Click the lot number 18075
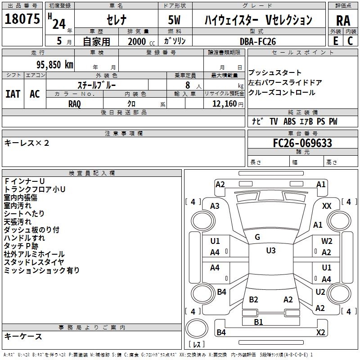click(23, 20)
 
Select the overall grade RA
click(343, 21)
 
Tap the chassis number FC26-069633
click(303, 143)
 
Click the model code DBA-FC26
click(258, 41)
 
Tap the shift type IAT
click(13, 94)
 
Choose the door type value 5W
click(175, 20)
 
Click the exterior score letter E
click(335, 41)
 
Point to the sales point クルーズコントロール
click(282, 93)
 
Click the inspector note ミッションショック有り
click(42, 270)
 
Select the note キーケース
click(23, 337)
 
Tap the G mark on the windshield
click(257, 237)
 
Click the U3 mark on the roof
click(270, 251)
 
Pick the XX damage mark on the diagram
click(327, 206)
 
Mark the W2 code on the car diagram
click(327, 241)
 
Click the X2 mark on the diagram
click(320, 333)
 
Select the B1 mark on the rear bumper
click(258, 322)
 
